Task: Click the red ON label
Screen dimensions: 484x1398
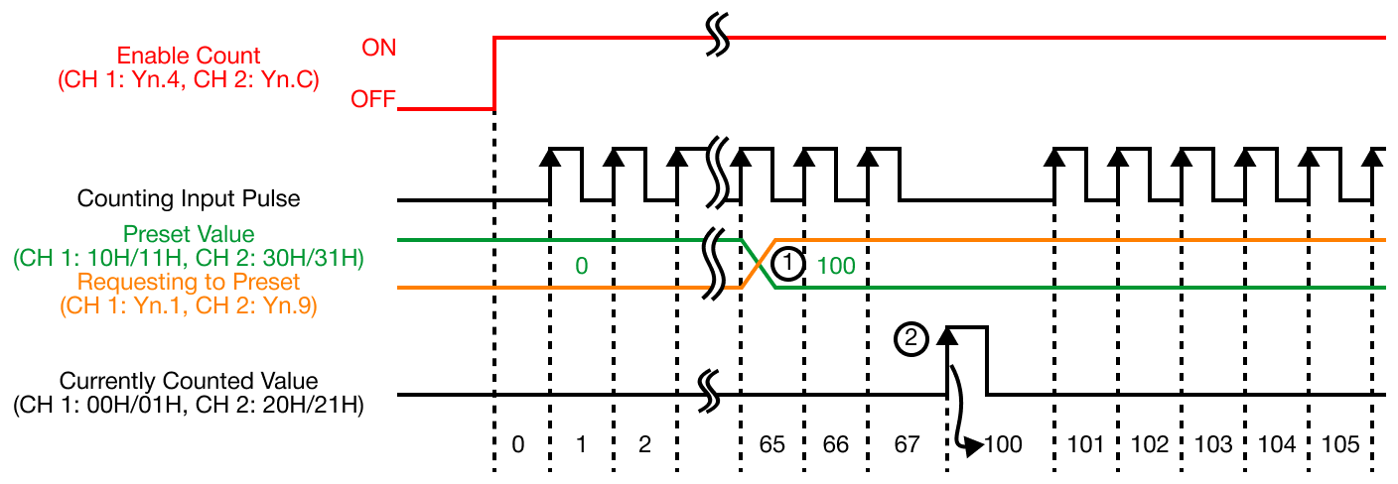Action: pos(377,47)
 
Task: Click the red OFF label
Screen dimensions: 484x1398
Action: pos(373,100)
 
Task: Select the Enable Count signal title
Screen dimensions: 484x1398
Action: pos(189,56)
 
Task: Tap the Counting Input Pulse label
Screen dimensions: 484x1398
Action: pos(189,198)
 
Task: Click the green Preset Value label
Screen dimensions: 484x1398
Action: pos(188,234)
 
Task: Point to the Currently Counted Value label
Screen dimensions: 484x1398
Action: pos(189,381)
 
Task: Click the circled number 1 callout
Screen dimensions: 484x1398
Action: pos(787,264)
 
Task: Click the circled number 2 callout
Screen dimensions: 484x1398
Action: pos(910,339)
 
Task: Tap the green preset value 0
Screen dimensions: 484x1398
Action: pos(581,265)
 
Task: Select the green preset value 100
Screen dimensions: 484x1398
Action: pos(836,265)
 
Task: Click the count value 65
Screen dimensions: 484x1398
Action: pos(772,444)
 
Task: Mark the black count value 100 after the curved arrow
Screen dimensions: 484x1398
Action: pos(1003,444)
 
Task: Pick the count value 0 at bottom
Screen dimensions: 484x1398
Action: pos(518,444)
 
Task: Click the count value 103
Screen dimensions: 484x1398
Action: pos(1214,444)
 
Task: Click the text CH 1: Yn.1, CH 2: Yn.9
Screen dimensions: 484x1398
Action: pos(189,306)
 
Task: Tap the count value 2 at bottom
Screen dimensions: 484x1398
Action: pos(644,444)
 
